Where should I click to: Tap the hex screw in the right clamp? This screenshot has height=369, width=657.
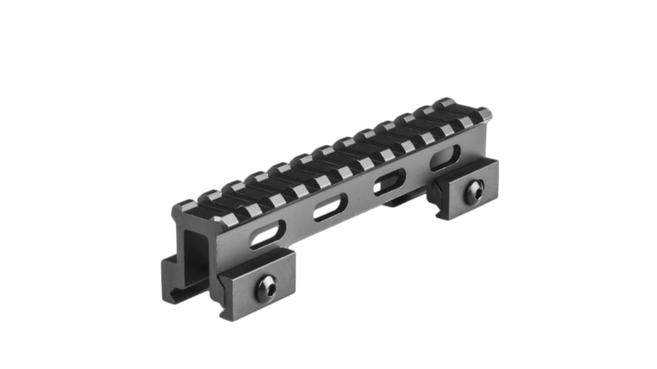click(x=475, y=192)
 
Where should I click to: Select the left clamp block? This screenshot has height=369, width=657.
click(x=255, y=282)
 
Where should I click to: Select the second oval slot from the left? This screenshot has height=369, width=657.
click(x=330, y=209)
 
